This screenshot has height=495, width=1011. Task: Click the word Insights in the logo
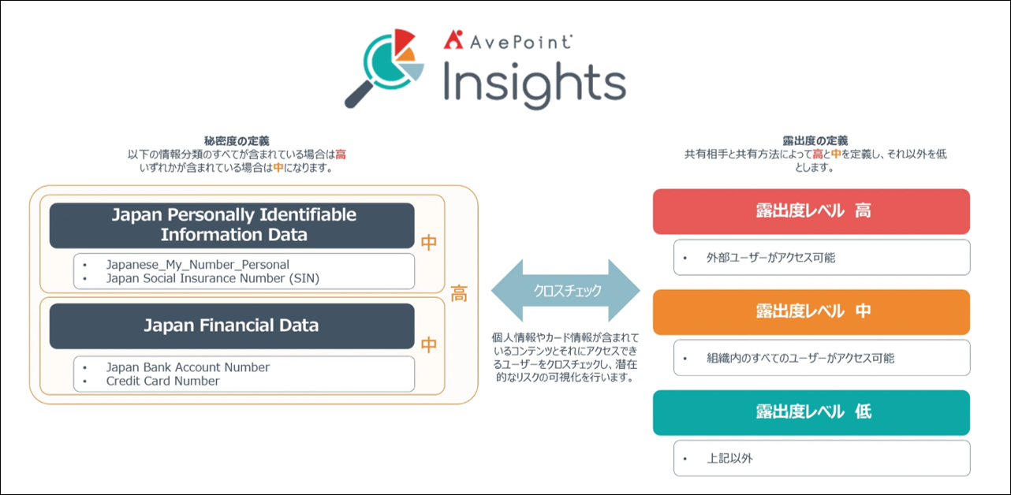point(535,85)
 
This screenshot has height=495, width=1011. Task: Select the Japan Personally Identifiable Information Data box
point(232,225)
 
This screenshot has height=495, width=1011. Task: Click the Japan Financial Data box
point(232,326)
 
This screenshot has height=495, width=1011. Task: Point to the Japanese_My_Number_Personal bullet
point(198,264)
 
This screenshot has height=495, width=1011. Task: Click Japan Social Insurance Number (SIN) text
point(213,278)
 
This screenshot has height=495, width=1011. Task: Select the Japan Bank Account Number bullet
point(188,367)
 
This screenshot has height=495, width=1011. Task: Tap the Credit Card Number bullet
point(162,381)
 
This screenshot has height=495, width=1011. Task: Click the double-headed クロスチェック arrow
point(566,291)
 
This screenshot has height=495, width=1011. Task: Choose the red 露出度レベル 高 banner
point(811,211)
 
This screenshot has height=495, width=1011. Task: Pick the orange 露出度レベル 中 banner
point(811,312)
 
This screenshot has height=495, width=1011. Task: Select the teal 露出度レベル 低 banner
point(811,412)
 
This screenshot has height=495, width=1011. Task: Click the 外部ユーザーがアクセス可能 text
point(771,258)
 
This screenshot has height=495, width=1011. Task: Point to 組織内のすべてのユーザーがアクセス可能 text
point(800,359)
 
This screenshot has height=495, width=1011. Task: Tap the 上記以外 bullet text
point(729,459)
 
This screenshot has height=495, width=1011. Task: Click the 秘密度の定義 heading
point(237,141)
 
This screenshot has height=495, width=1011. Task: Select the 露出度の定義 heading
point(815,141)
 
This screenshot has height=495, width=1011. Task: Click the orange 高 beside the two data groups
point(459,294)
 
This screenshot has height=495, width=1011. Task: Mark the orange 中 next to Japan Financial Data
point(429,345)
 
